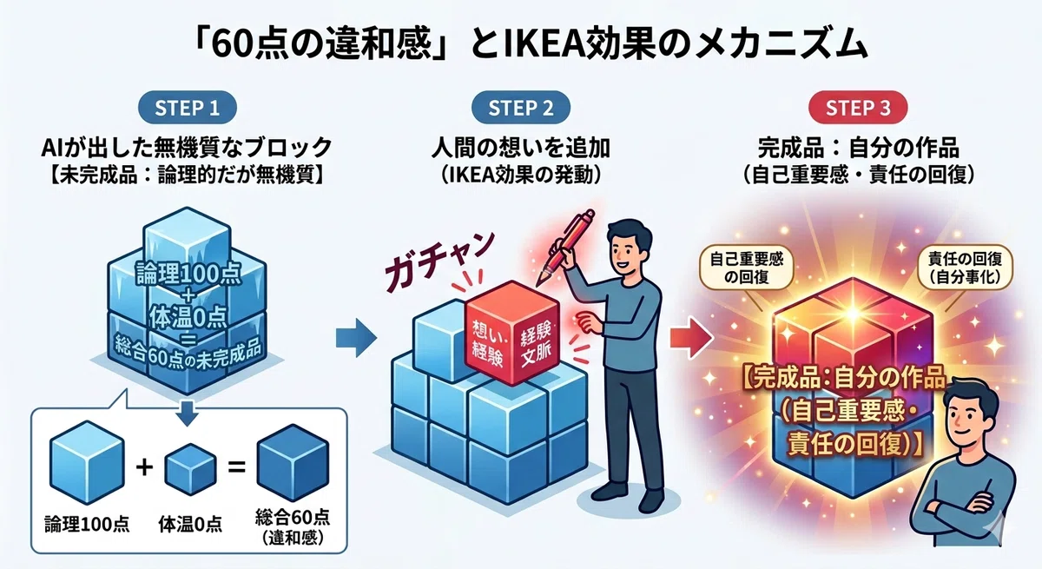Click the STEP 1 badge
tap(188, 108)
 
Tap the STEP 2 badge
tap(520, 108)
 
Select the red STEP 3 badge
tap(858, 108)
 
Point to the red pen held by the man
tap(566, 247)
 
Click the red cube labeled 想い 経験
tap(511, 333)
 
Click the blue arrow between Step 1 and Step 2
tap(356, 338)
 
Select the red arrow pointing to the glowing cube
tap(692, 338)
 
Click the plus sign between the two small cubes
tap(144, 466)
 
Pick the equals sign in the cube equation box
tap(236, 466)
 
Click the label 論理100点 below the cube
tap(87, 525)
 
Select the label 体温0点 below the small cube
tap(190, 525)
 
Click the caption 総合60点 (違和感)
tap(293, 527)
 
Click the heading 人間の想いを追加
tap(520, 149)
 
